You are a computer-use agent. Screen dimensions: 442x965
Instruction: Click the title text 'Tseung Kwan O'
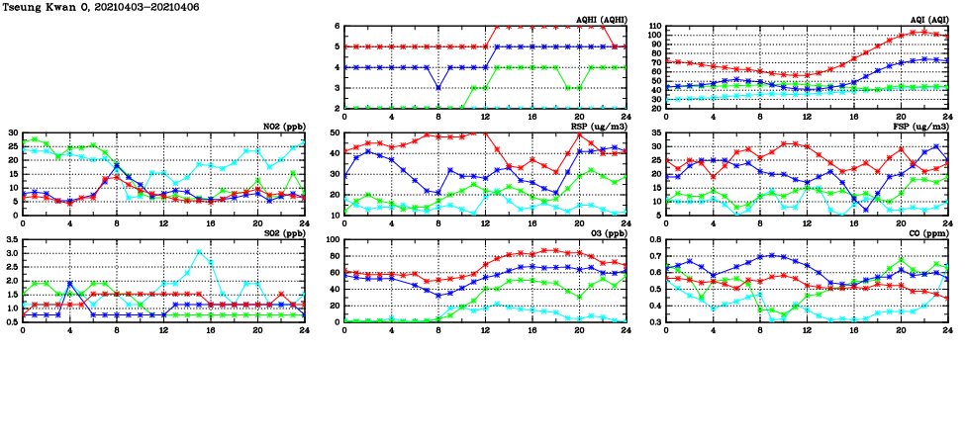click(44, 6)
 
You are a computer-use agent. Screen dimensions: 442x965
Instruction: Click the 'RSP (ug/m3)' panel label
click(600, 127)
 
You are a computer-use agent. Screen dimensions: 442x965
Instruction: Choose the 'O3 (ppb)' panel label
click(607, 234)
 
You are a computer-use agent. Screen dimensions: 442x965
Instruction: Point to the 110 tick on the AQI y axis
click(654, 26)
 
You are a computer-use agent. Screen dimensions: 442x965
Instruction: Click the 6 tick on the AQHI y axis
click(337, 26)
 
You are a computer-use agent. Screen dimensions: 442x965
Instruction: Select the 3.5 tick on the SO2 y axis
click(12, 240)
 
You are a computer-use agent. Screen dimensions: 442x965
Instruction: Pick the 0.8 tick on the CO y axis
click(654, 240)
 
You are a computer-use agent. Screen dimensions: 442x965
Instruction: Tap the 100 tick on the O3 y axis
click(333, 240)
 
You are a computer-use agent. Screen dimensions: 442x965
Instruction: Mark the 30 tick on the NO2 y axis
click(13, 133)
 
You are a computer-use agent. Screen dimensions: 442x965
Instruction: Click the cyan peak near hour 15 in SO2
click(199, 251)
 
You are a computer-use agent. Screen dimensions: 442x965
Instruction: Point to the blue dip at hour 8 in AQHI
click(438, 88)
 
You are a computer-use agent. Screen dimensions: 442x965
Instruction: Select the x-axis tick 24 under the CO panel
click(947, 330)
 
